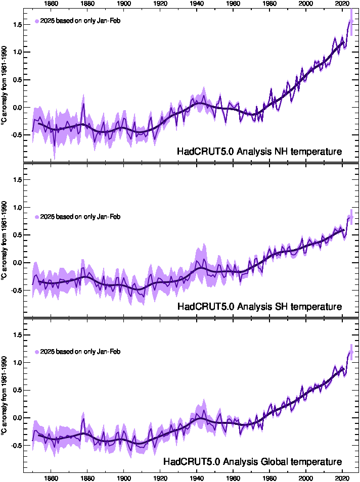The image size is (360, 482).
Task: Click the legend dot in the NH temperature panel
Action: [x=37, y=21]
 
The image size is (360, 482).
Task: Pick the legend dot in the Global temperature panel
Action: [x=37, y=352]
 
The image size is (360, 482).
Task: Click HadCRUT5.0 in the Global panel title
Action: [x=188, y=462]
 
